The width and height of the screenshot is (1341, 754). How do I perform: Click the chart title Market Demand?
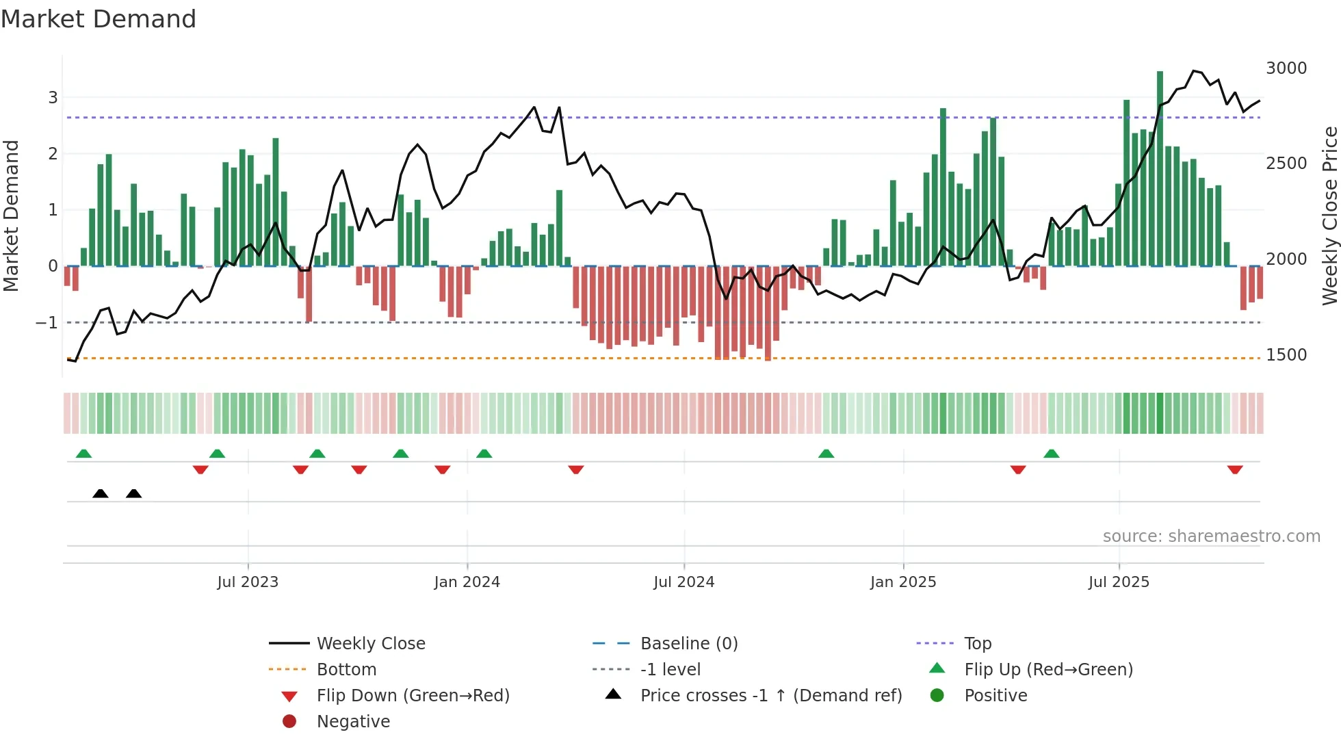coord(99,19)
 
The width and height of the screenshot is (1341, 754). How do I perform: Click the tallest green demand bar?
coord(1160,168)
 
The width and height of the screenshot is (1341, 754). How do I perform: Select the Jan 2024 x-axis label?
coord(467,582)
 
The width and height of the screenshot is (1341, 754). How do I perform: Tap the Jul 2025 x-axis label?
coord(1119,582)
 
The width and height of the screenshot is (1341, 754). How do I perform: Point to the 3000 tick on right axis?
coord(1286,68)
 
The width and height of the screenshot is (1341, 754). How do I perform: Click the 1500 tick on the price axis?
coord(1286,355)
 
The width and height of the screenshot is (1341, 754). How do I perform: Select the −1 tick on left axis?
coord(47,322)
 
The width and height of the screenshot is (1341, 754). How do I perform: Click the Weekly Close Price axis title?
coord(1329,216)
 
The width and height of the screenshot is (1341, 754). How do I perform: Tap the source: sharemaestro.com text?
coord(1211,536)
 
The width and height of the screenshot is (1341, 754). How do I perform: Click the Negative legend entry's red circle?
coord(289,722)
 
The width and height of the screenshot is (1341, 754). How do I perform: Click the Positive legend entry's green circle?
coord(937,696)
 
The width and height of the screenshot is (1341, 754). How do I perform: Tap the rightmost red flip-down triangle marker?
coord(1234,469)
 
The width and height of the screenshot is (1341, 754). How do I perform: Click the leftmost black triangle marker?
coord(101,493)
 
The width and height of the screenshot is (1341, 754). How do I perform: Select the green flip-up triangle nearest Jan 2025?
coord(826,454)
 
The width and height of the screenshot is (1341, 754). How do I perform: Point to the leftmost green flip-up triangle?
coord(83,454)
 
